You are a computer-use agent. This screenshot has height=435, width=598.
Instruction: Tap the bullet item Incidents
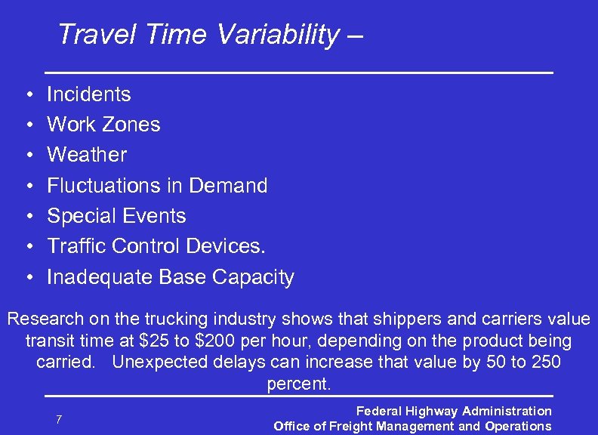88,94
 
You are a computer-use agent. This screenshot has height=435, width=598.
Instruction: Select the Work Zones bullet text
103,125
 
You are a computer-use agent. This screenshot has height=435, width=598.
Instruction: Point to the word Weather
87,155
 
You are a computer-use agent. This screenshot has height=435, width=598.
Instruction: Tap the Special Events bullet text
116,216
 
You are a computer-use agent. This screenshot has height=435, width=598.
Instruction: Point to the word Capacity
253,278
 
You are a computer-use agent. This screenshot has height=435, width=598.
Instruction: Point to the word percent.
299,383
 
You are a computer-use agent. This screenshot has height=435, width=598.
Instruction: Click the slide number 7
59,419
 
